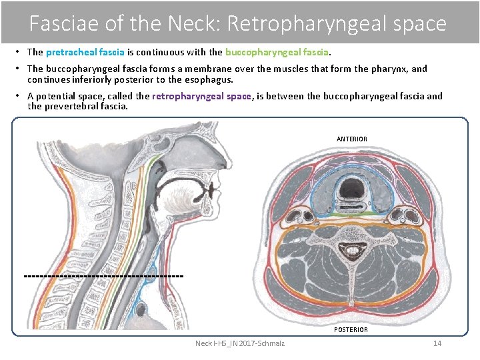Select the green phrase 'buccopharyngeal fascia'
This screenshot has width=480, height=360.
[277, 52]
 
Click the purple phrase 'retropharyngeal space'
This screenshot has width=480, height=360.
[201, 96]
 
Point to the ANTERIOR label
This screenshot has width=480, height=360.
[351, 139]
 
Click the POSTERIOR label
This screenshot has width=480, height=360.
[351, 330]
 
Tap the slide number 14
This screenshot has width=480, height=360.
[437, 343]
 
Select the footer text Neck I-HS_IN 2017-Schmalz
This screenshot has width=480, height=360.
[239, 343]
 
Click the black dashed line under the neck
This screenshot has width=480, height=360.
[103, 275]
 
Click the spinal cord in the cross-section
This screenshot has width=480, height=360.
[351, 251]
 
